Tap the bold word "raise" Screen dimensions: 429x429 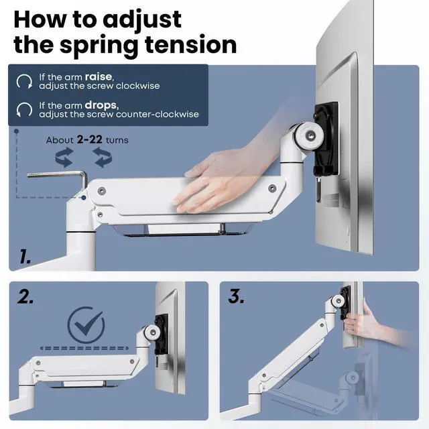point(99,76)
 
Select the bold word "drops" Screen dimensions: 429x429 point(101,105)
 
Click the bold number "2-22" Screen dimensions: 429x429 point(89,139)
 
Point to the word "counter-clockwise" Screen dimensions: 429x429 point(158,114)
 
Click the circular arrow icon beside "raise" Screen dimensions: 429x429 point(24,81)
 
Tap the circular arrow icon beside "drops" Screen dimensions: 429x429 point(24,109)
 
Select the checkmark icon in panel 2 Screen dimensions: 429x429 point(86,324)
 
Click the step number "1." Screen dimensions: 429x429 point(25,256)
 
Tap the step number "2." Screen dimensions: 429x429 point(25,297)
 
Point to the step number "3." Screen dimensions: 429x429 point(236,296)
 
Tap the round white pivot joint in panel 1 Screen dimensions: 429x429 point(310,135)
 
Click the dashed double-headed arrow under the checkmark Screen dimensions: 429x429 point(84,349)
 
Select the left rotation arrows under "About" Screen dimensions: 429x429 point(64,158)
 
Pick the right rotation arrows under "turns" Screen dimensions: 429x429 point(103,158)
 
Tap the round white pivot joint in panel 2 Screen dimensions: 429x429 point(152,332)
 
